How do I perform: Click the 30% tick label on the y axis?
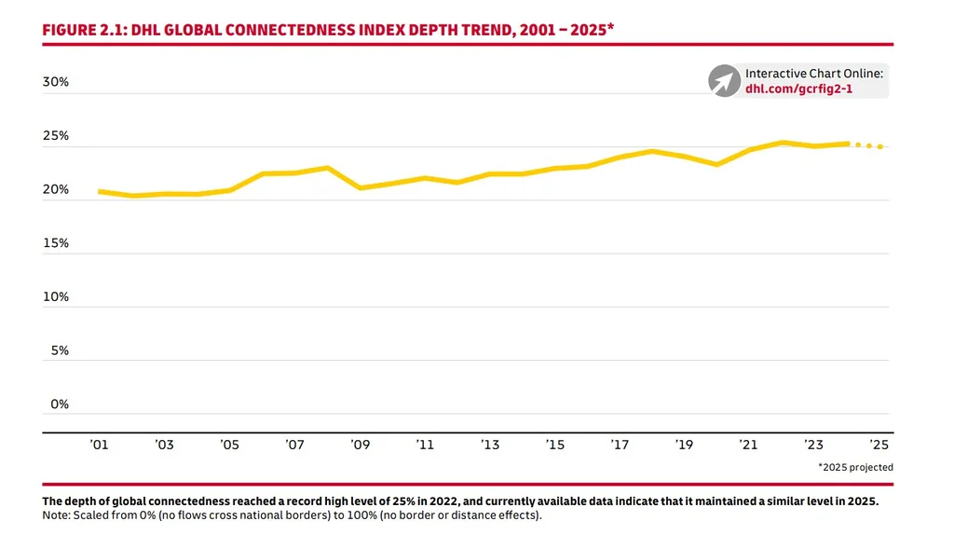point(56,82)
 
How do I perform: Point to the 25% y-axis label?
point(56,136)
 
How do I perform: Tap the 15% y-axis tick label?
point(56,243)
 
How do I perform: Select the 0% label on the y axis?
point(59,405)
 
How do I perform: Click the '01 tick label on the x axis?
point(99,446)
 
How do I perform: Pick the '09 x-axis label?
point(360,446)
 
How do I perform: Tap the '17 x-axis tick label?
point(620,446)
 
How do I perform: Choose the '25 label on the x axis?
point(879,446)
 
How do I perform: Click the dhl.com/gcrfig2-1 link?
point(798,89)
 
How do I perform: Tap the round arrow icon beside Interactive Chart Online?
point(723,81)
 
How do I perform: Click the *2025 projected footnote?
point(855,467)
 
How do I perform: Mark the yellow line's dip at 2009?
point(360,187)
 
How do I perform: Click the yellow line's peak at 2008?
point(327,168)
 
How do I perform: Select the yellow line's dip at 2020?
point(716,164)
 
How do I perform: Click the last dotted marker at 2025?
point(880,146)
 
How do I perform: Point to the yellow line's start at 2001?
point(100,191)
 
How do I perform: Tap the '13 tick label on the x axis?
point(490,446)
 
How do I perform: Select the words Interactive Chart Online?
point(814,74)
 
